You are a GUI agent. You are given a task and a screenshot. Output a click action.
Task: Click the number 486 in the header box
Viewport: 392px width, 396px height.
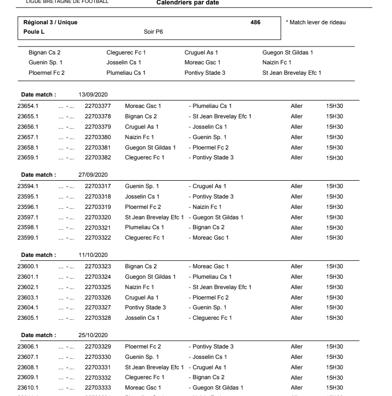click(255, 22)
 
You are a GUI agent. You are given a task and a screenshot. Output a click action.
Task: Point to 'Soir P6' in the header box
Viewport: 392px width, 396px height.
click(152, 32)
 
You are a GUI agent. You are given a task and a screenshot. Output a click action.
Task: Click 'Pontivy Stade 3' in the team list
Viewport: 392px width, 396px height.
click(205, 73)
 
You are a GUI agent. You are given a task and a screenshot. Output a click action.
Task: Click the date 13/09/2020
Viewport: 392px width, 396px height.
click(94, 95)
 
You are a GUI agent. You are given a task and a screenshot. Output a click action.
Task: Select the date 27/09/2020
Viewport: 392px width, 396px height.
click(94, 175)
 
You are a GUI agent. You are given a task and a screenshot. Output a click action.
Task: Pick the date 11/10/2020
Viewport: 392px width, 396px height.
click(94, 255)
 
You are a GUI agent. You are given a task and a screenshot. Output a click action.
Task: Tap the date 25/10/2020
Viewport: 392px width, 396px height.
click(94, 335)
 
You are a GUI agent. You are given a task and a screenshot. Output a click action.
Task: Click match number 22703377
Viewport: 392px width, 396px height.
click(98, 106)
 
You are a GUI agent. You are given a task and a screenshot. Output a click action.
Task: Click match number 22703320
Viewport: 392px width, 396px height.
click(98, 217)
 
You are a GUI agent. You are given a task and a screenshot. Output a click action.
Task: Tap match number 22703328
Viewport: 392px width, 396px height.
click(98, 318)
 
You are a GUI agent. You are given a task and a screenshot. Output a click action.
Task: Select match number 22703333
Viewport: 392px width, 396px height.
click(98, 388)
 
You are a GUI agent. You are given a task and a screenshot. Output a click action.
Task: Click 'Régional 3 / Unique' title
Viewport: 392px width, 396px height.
click(50, 22)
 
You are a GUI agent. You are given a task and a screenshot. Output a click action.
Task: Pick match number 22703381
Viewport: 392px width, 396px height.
click(98, 148)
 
